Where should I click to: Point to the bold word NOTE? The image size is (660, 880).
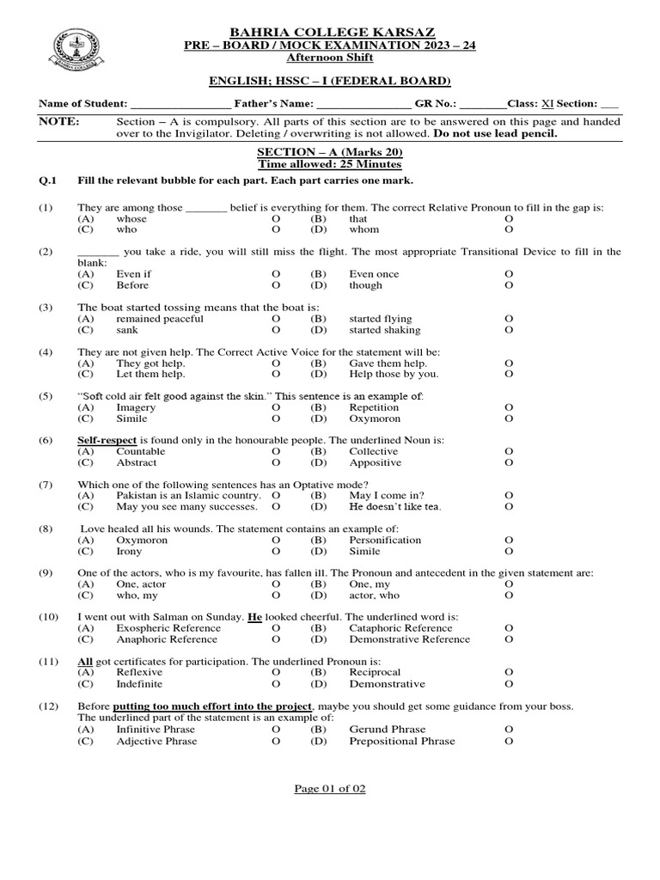[58, 122]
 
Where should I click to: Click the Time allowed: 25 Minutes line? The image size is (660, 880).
[331, 164]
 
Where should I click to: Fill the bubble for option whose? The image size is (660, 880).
[276, 219]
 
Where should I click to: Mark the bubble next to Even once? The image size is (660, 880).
[509, 274]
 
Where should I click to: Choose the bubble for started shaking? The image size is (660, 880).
[509, 330]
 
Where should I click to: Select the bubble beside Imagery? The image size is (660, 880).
[276, 407]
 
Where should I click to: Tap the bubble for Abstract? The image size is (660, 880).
[276, 462]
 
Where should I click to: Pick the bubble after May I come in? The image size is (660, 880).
[509, 496]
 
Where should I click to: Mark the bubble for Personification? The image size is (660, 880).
[509, 541]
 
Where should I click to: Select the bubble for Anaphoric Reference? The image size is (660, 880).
[276, 639]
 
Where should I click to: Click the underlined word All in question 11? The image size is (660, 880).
[85, 662]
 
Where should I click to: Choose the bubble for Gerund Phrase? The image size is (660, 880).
[509, 730]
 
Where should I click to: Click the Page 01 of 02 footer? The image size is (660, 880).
[330, 789]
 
